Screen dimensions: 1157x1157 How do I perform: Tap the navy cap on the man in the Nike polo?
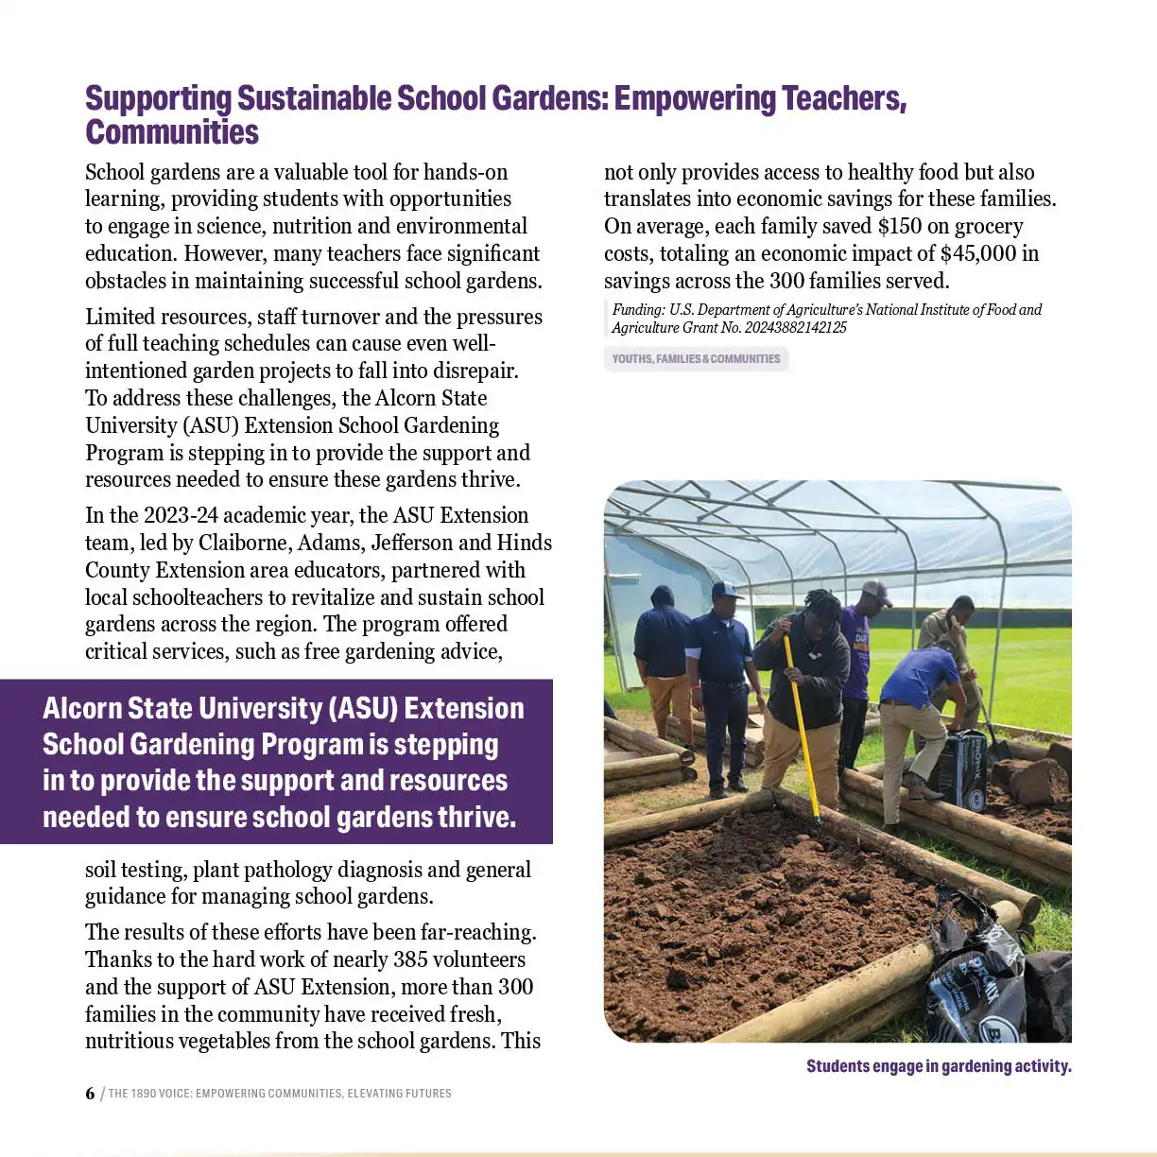[726, 590]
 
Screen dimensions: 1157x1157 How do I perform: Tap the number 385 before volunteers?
[410, 959]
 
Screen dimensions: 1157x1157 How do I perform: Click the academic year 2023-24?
[179, 516]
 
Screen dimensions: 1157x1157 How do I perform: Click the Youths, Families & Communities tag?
[696, 359]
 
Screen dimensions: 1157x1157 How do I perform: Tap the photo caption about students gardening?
[938, 1066]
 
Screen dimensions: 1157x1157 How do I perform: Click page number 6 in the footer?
[90, 1094]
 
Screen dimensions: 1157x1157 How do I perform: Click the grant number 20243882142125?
[795, 328]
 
